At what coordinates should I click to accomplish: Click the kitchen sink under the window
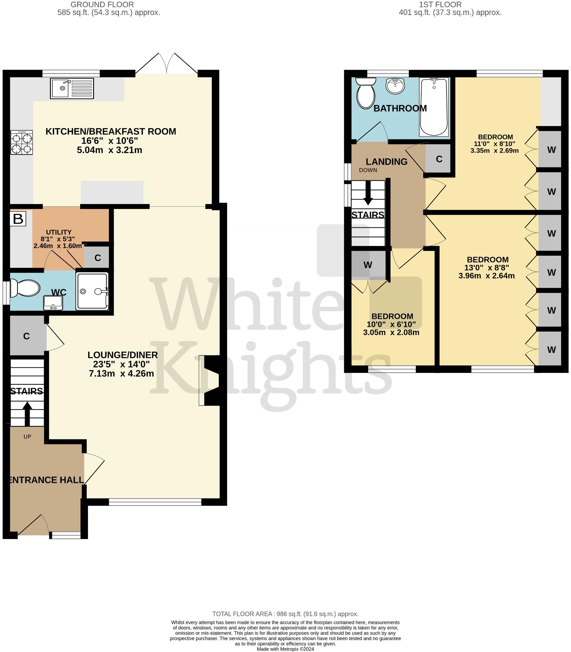click(71, 88)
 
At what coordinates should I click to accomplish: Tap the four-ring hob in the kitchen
click(22, 142)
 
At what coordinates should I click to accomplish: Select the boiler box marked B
click(18, 219)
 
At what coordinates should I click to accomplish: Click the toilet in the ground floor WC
click(25, 288)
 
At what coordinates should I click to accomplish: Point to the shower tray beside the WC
click(92, 291)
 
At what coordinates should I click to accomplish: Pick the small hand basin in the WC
click(53, 303)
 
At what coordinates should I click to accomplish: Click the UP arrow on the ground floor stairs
click(27, 413)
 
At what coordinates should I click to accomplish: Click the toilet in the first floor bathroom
click(366, 93)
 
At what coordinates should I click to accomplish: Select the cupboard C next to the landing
click(439, 159)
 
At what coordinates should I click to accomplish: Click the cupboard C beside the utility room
click(97, 258)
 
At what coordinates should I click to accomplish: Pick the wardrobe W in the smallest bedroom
click(368, 265)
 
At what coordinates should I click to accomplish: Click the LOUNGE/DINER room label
click(122, 355)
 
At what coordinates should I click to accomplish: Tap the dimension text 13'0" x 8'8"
click(487, 268)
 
